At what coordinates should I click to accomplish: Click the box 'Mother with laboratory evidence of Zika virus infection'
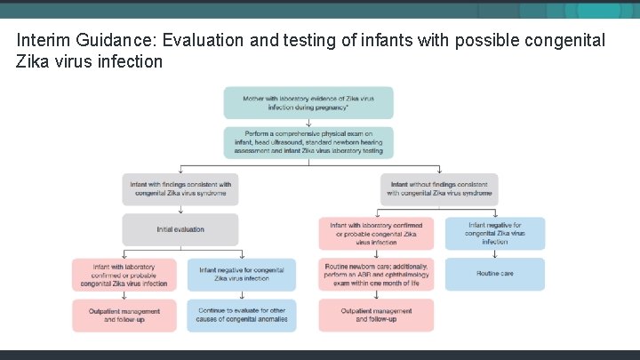(x=308, y=102)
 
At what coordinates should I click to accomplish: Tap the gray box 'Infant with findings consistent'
(x=180, y=188)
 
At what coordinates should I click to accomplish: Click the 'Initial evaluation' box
(x=180, y=229)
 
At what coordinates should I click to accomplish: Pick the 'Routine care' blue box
(x=494, y=274)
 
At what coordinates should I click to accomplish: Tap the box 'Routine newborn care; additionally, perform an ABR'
(x=376, y=274)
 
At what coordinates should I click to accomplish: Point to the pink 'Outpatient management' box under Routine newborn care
(x=376, y=316)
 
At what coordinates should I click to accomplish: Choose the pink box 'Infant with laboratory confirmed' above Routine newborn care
(x=376, y=233)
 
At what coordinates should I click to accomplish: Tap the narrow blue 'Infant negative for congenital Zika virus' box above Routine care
(x=494, y=233)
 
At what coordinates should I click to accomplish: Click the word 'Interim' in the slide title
(x=40, y=41)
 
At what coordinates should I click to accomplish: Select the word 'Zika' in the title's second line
(x=34, y=61)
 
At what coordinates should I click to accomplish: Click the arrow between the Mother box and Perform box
(x=308, y=123)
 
